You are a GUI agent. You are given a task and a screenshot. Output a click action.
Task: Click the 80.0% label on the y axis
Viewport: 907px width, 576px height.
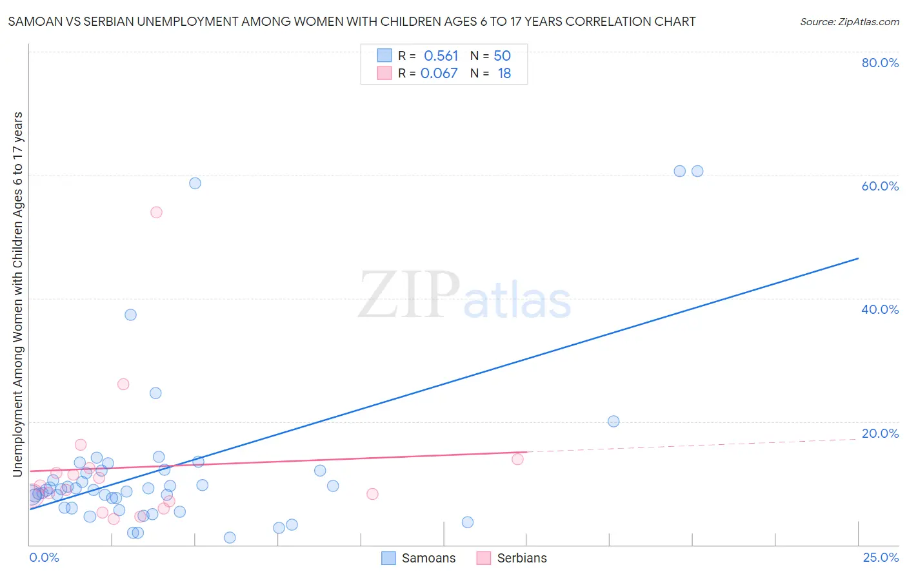[879, 63]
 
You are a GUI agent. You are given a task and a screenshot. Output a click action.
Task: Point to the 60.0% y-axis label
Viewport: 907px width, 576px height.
[879, 186]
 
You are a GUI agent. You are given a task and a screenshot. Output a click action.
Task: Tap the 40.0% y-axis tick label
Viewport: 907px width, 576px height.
[879, 309]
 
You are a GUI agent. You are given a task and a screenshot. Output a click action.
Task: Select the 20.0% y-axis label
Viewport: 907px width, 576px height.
[879, 433]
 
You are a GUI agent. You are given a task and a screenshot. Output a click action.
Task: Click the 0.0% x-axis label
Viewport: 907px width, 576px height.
[44, 557]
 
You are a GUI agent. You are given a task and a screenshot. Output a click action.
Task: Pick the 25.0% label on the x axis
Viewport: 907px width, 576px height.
[881, 557]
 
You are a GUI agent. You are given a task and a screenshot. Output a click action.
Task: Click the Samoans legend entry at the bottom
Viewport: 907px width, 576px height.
[428, 558]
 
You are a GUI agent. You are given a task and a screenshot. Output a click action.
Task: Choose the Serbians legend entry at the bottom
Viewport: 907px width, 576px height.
[521, 558]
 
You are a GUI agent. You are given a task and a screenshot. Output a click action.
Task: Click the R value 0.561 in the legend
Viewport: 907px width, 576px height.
[441, 56]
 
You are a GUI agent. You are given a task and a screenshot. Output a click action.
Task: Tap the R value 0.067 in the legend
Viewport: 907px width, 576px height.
[439, 74]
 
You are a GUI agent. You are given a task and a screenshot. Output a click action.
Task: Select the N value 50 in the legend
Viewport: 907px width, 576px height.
[502, 56]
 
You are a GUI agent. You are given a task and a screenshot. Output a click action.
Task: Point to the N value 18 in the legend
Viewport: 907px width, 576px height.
[504, 74]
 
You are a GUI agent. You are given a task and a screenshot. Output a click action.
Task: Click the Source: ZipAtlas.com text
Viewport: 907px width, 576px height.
[849, 22]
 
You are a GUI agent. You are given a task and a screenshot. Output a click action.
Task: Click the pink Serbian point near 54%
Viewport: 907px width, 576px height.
[156, 212]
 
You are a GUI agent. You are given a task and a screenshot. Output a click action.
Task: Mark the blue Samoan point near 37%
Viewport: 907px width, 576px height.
[130, 315]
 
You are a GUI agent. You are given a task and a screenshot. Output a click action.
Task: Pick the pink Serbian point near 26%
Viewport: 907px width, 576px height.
[123, 384]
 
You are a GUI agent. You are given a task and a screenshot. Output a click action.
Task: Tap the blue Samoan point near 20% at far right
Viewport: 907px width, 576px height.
[613, 422]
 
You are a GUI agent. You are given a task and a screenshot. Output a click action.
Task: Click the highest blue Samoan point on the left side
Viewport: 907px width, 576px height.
[195, 183]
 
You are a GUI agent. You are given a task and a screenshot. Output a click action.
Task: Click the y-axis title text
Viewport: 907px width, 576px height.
[17, 294]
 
